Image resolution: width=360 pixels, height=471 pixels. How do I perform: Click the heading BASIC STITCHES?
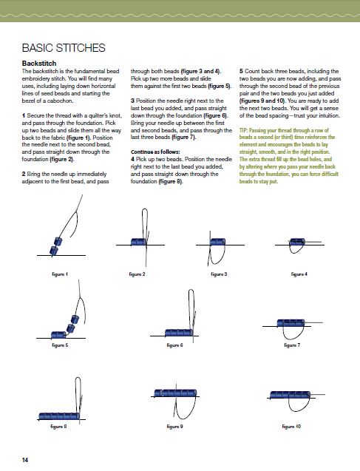click(64, 48)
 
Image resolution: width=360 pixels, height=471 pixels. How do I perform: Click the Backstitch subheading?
click(39, 64)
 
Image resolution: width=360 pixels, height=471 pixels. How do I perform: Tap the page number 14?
click(25, 460)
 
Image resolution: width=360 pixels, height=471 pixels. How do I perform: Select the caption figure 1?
click(60, 274)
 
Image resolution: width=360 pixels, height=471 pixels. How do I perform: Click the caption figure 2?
click(137, 274)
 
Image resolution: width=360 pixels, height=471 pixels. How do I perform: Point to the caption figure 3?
click(219, 274)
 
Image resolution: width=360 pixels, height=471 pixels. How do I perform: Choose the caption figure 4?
click(299, 274)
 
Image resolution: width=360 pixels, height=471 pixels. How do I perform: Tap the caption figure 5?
click(60, 345)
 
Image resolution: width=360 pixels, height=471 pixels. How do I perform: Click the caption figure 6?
click(174, 345)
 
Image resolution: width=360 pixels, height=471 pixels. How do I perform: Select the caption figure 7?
click(292, 345)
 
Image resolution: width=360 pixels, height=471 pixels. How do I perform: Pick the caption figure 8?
click(58, 426)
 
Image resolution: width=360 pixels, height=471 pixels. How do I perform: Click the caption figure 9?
click(174, 426)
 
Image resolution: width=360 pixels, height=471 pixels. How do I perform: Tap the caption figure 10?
click(291, 426)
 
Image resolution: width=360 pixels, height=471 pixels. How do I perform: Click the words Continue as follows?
click(155, 152)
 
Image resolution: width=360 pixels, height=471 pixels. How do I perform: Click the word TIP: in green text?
click(243, 130)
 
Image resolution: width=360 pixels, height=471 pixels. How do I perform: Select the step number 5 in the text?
click(241, 71)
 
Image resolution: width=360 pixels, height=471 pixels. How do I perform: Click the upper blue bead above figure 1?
click(58, 241)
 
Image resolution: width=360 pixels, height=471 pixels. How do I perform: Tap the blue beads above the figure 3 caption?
click(217, 242)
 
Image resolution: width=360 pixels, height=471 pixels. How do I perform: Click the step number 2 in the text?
click(24, 174)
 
